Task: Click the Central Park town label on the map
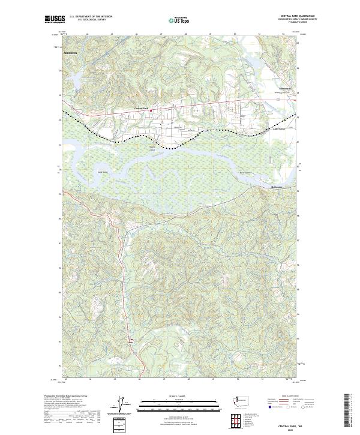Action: [x=141, y=109]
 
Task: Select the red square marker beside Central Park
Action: [x=151, y=110]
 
